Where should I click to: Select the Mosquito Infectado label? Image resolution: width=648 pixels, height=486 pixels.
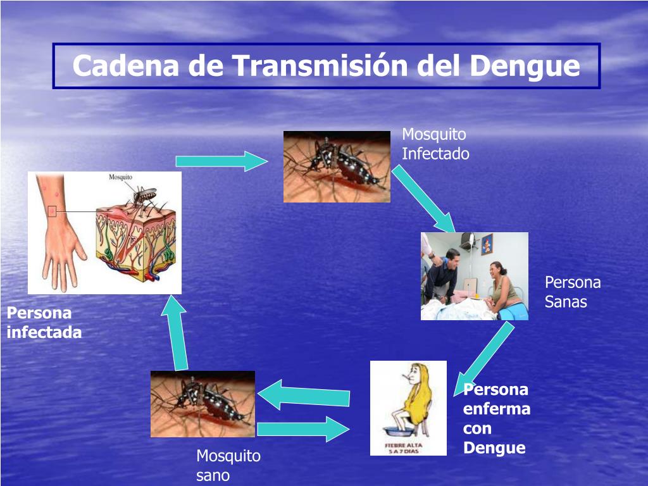pyautogui.click(x=435, y=144)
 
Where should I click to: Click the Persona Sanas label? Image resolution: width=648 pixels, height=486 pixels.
pyautogui.click(x=572, y=292)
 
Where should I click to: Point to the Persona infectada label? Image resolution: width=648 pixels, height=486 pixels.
pyautogui.click(x=44, y=323)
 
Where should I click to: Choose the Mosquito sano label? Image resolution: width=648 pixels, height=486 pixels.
pyautogui.click(x=228, y=466)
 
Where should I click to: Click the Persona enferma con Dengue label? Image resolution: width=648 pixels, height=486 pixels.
pyautogui.click(x=496, y=419)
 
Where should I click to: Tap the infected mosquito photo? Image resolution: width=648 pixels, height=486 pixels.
pyautogui.click(x=337, y=166)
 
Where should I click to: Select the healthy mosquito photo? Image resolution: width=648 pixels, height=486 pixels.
pyautogui.click(x=202, y=404)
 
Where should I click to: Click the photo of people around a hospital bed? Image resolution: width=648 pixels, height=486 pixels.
pyautogui.click(x=474, y=276)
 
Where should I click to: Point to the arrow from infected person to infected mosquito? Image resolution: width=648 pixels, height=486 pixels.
pyautogui.click(x=221, y=161)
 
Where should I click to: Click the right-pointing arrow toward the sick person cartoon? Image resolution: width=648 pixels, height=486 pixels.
pyautogui.click(x=302, y=430)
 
